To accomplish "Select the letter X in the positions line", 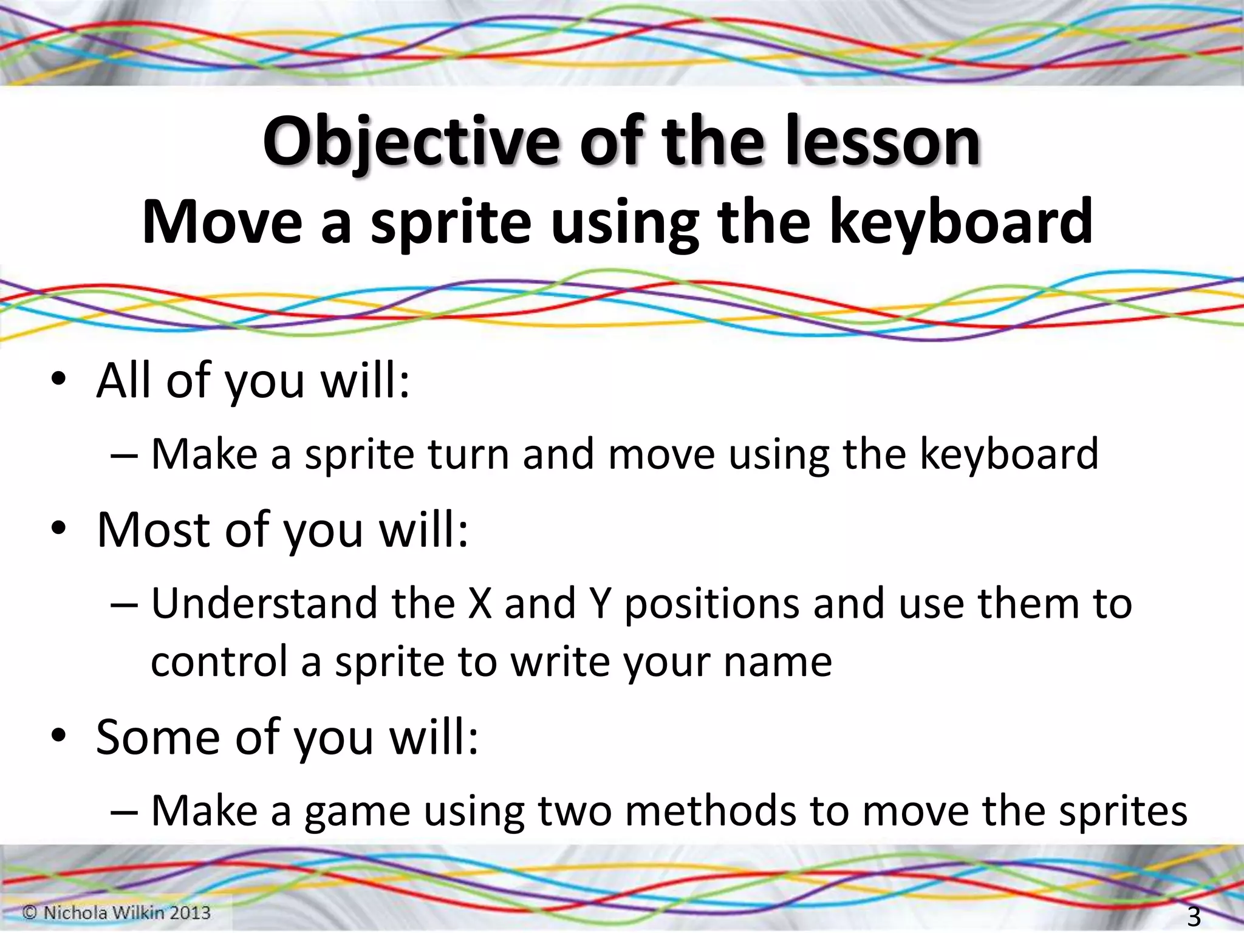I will (480, 604).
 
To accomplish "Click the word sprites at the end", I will (1123, 813).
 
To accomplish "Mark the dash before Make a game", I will (125, 813).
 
